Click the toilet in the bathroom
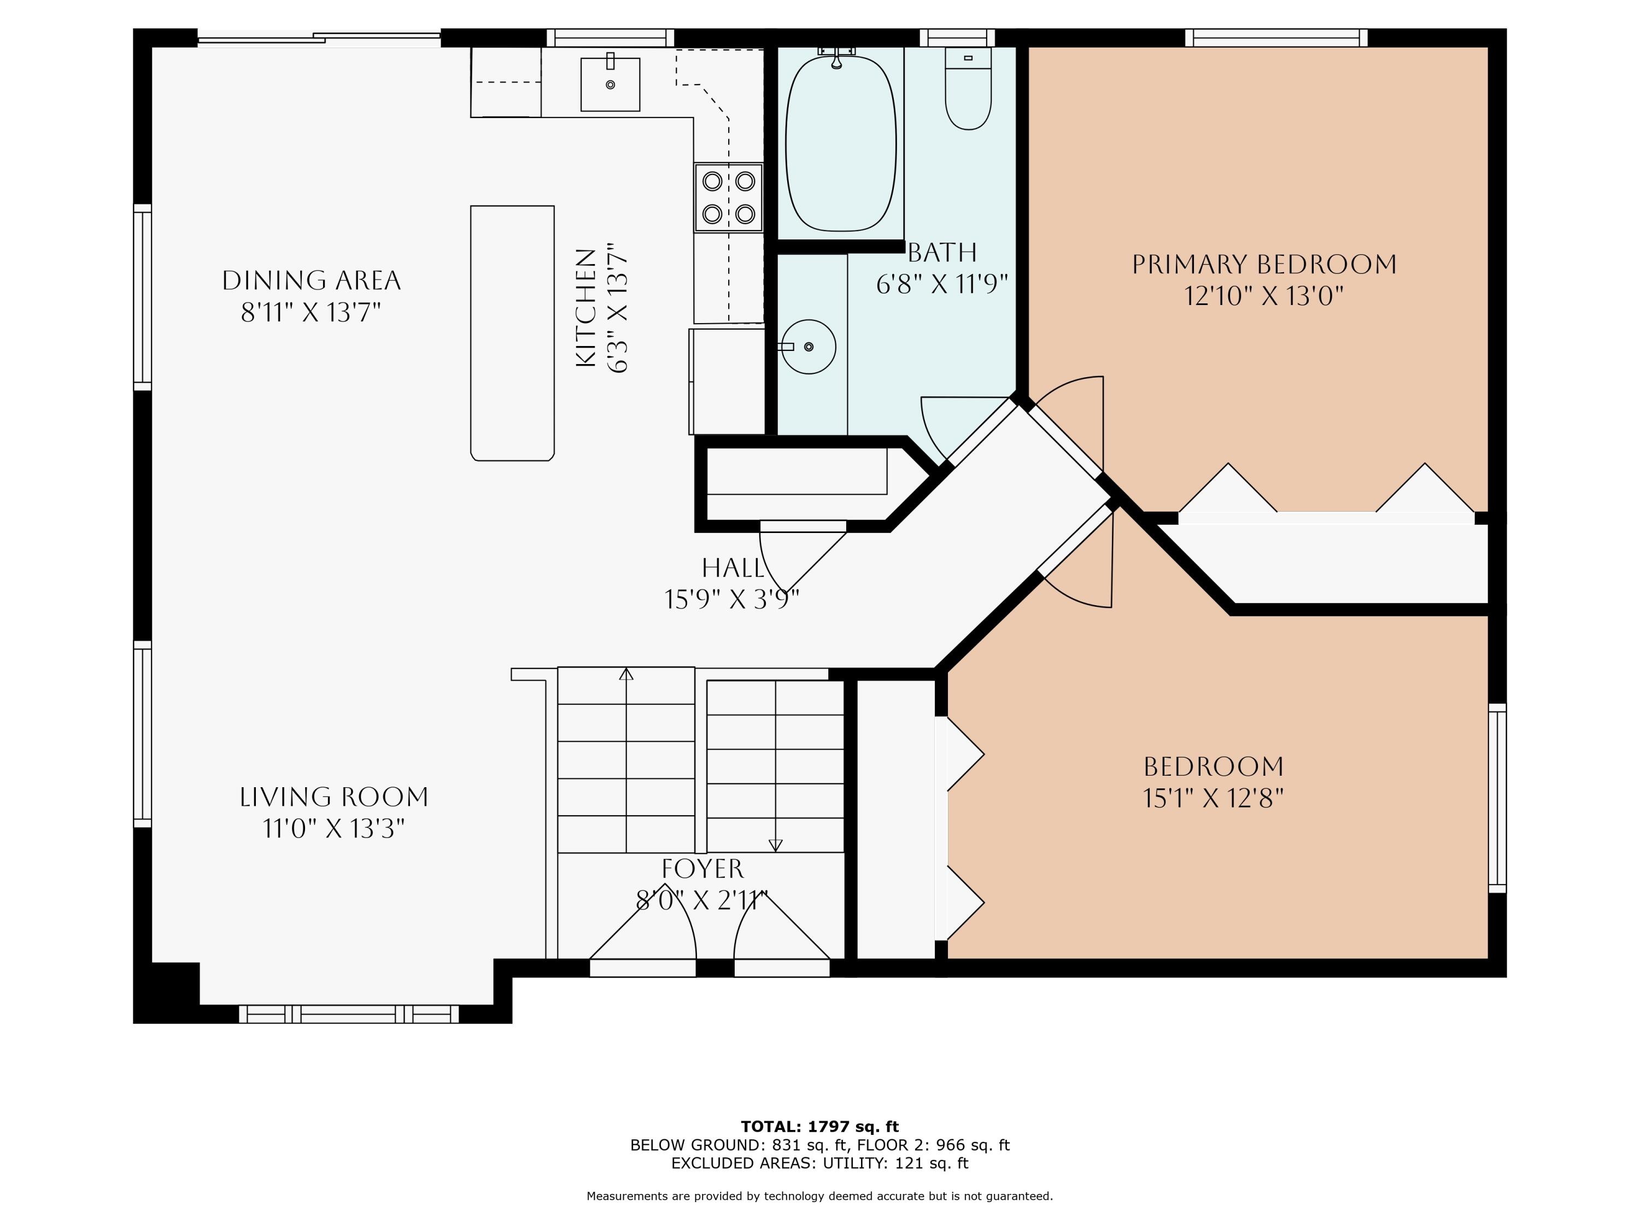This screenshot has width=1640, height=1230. [x=968, y=89]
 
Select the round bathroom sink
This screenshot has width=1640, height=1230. [x=808, y=346]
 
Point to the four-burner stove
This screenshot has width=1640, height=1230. [x=729, y=197]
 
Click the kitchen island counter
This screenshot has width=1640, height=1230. [x=512, y=333]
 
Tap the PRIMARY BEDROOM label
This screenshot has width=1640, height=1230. [x=1264, y=264]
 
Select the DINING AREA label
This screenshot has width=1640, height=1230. [x=312, y=280]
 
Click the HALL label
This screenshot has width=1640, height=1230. [x=733, y=568]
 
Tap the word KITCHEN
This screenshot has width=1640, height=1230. [x=585, y=308]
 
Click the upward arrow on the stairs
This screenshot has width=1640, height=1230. [x=626, y=760]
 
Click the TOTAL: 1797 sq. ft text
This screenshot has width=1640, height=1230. [x=820, y=1127]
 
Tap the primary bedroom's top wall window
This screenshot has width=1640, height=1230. [x=1276, y=38]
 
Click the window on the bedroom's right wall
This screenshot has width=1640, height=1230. [x=1498, y=798]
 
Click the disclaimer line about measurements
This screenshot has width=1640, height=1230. [x=820, y=1196]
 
